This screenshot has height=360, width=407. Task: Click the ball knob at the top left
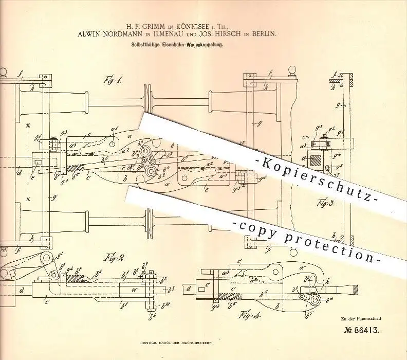(x=3, y=73)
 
